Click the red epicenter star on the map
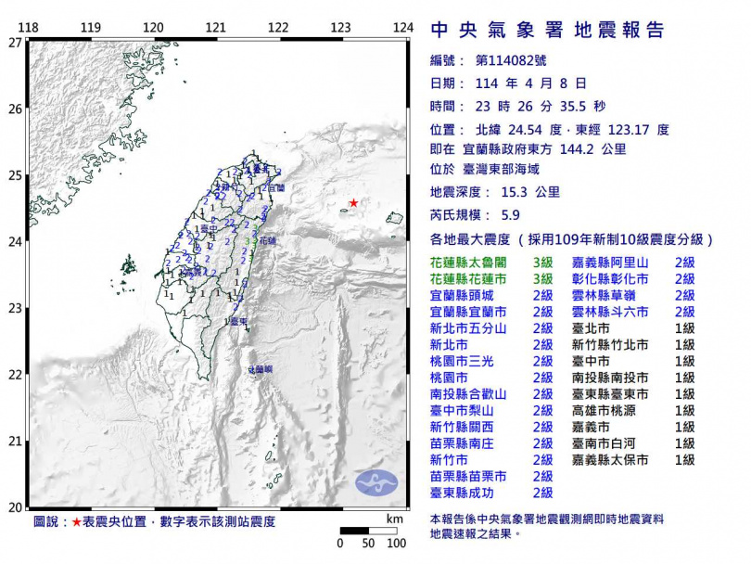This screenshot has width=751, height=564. [x=353, y=202]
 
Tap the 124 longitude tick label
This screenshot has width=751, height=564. [x=402, y=28]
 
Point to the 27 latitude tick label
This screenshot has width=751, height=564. [x=15, y=43]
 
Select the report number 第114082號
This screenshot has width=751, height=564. [x=513, y=60]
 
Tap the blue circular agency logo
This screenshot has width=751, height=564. [x=375, y=481]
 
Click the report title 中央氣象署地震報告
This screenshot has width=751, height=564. [x=548, y=30]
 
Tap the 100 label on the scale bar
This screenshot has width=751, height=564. [x=396, y=543]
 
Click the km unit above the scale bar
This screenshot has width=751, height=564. [x=396, y=518]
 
